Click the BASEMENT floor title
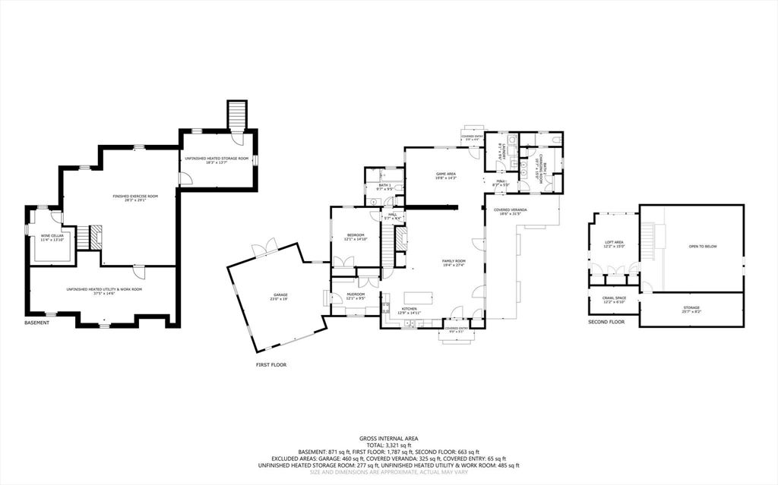pos(36,323)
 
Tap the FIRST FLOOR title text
pos(270,364)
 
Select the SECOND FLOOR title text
pos(606,323)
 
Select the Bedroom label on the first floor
pos(356,236)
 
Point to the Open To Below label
pos(702,247)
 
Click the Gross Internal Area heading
pos(388,439)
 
